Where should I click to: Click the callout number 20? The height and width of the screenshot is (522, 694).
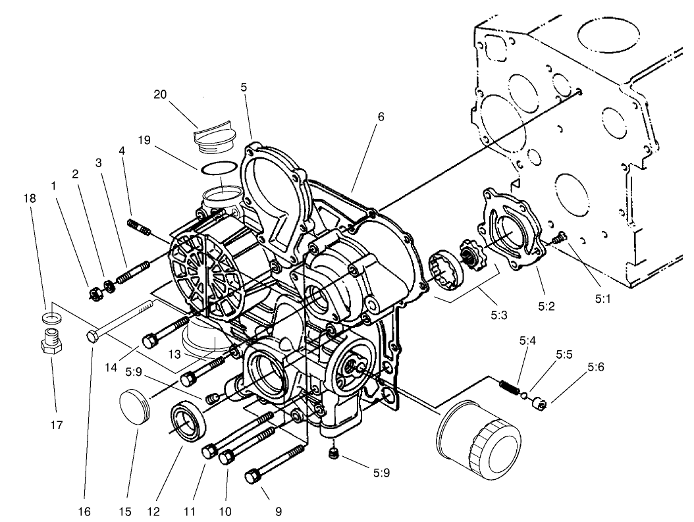point(159,94)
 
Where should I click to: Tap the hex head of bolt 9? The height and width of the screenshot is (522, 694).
point(254,475)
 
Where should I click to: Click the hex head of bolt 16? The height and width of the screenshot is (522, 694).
point(92,336)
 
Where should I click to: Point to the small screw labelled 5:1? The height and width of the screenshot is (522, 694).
point(560,239)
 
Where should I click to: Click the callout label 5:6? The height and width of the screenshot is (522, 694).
point(596,368)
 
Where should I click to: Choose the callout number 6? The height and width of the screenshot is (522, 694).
point(380,117)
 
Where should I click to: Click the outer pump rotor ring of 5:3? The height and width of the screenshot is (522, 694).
point(440,270)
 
